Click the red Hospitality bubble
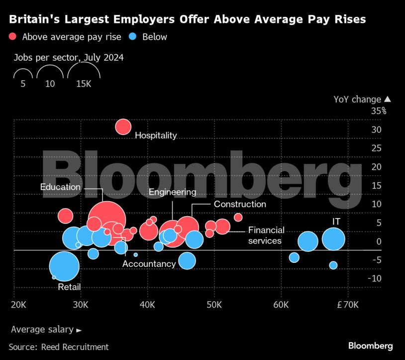tap(123, 127)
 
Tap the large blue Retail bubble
tap(64, 266)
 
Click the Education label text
tap(61, 187)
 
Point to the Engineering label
tap(172, 192)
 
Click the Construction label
tap(240, 204)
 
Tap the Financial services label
tap(266, 235)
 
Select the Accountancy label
tap(149, 264)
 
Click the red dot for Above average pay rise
tap(13, 36)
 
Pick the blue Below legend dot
tap(132, 36)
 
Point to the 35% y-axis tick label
tap(378, 111)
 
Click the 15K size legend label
tap(84, 84)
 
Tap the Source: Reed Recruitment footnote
tap(59, 347)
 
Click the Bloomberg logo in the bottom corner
tap(370, 346)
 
